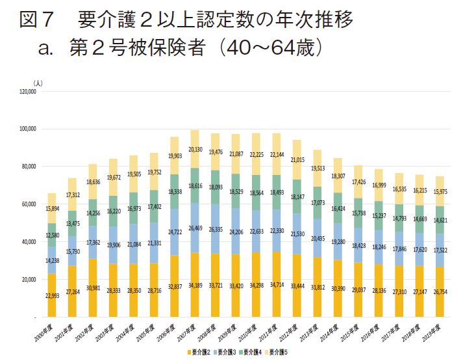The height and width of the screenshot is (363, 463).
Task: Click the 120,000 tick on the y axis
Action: pyautogui.click(x=27, y=92)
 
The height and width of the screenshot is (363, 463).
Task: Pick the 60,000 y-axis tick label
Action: pyautogui.click(x=28, y=204)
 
